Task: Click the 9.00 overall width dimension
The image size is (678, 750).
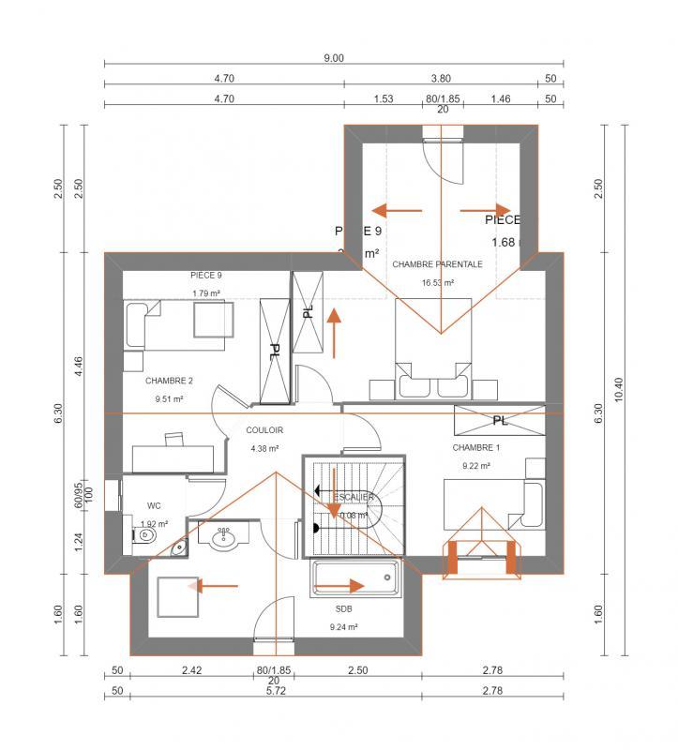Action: click(334, 57)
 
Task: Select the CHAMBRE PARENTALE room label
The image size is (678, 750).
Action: click(437, 264)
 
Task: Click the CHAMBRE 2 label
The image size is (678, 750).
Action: click(169, 381)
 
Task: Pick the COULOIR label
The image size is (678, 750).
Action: click(264, 430)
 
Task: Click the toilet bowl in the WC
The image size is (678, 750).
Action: click(143, 535)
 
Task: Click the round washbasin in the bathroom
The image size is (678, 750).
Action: click(223, 538)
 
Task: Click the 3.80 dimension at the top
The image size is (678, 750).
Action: click(441, 79)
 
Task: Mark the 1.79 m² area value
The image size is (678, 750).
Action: click(206, 293)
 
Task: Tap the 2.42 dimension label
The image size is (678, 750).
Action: click(192, 671)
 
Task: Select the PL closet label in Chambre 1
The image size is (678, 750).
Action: click(500, 419)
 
